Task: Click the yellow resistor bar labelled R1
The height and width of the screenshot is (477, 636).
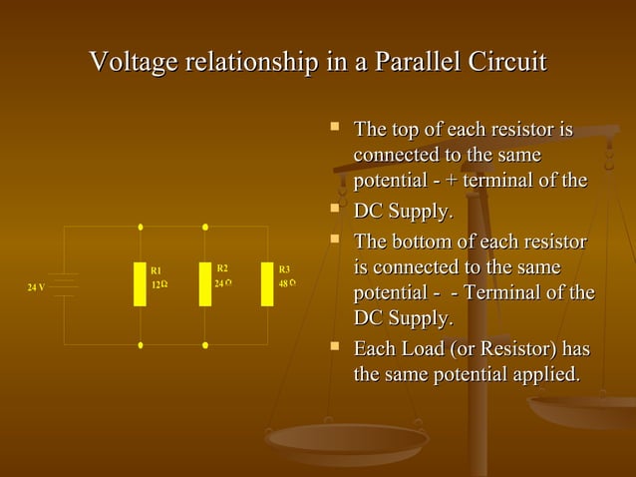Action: tap(141, 284)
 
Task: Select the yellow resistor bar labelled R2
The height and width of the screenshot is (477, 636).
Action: tap(204, 283)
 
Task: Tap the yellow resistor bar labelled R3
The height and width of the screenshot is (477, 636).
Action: tap(267, 283)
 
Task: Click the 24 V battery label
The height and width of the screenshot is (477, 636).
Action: tap(36, 287)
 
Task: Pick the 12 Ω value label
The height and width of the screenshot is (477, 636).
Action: tap(159, 285)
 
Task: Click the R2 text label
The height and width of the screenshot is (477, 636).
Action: tap(222, 268)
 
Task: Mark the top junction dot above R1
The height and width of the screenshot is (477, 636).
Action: tap(141, 227)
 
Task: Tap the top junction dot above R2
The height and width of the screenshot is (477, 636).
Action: tap(205, 227)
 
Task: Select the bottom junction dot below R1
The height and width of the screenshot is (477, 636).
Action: tap(141, 345)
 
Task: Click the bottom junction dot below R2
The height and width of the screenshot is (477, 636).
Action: tap(205, 345)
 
